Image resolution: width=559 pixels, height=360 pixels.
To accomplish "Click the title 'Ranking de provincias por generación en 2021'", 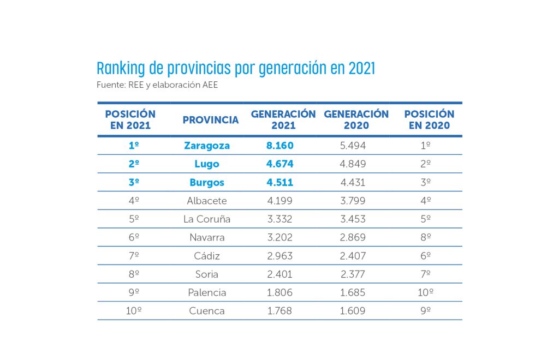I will (x=236, y=69).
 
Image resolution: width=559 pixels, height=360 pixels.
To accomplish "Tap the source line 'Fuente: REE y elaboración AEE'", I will (x=157, y=85).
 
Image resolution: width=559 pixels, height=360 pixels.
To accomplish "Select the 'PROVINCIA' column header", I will (x=211, y=120).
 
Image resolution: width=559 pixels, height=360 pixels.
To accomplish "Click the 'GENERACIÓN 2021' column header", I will (x=283, y=119).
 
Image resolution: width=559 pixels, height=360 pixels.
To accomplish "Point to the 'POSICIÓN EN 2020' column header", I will (x=429, y=119).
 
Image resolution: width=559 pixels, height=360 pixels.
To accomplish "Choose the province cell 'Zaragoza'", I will (x=207, y=146).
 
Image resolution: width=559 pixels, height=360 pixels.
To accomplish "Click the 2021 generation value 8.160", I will (x=279, y=146).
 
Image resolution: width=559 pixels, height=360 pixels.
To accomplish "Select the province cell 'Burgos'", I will (x=207, y=183).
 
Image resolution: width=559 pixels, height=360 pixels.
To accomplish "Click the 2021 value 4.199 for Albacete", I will (x=279, y=201).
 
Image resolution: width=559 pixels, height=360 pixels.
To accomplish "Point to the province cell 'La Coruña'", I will (x=207, y=219).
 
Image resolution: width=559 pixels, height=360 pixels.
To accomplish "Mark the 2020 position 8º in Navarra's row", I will (x=426, y=238).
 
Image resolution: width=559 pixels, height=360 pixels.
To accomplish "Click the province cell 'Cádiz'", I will (x=207, y=256).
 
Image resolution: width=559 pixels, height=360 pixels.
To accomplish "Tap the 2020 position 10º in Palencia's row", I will (x=426, y=293).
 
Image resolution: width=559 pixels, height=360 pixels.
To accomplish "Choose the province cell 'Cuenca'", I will (x=207, y=311).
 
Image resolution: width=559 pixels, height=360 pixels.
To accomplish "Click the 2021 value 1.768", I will (x=279, y=311).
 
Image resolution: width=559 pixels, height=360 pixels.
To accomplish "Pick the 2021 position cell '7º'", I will (x=134, y=256).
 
